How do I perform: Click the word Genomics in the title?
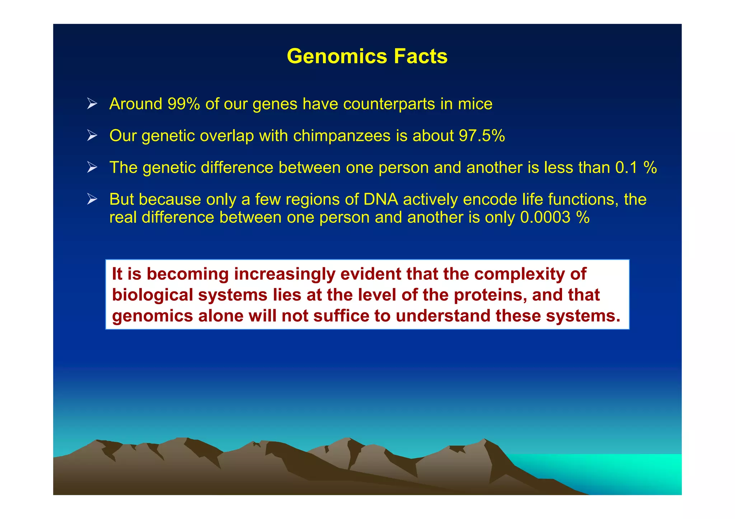tap(337, 57)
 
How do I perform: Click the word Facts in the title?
tap(420, 57)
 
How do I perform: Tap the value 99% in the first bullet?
tap(183, 104)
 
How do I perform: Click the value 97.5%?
tap(482, 136)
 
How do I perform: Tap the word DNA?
tap(380, 199)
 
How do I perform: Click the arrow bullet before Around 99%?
tap(92, 104)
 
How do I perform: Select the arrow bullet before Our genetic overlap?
tap(92, 136)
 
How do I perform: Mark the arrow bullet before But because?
tap(92, 199)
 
